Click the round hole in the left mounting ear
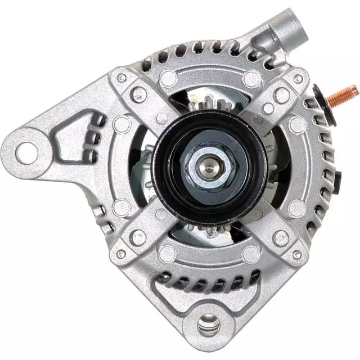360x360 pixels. click(25, 151)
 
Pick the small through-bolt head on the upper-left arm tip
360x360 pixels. click(122, 78)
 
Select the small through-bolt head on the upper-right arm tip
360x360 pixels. click(298, 79)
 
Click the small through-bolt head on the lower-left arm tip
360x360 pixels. click(121, 254)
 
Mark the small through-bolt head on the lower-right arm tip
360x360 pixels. click(296, 254)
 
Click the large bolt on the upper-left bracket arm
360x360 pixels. click(138, 94)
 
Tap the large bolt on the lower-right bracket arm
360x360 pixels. click(280, 237)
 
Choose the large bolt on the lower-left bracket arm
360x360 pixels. click(138, 237)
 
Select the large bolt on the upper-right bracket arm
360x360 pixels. click(281, 94)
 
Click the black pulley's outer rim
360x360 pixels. click(163, 169)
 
